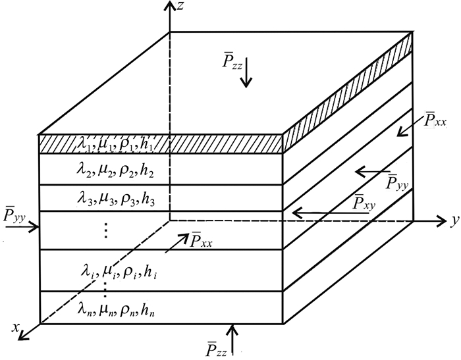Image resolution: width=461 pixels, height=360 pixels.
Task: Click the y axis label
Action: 454,221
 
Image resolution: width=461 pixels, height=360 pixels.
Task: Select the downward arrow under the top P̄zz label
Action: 246,78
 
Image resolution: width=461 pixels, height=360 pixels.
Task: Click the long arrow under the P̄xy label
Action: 329,213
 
